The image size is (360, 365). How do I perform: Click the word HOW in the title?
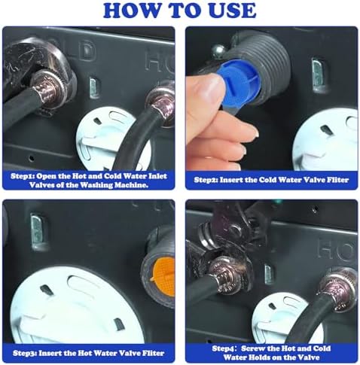[x=132, y=10]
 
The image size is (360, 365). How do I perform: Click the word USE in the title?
[x=230, y=10]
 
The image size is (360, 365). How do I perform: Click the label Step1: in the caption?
[x=23, y=176]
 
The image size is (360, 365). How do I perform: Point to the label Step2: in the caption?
[x=206, y=180]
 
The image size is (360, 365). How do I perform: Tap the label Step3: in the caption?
[x=25, y=353]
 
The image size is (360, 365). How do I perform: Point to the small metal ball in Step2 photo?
[x=217, y=51]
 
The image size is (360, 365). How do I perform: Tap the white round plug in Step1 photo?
[x=105, y=138]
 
